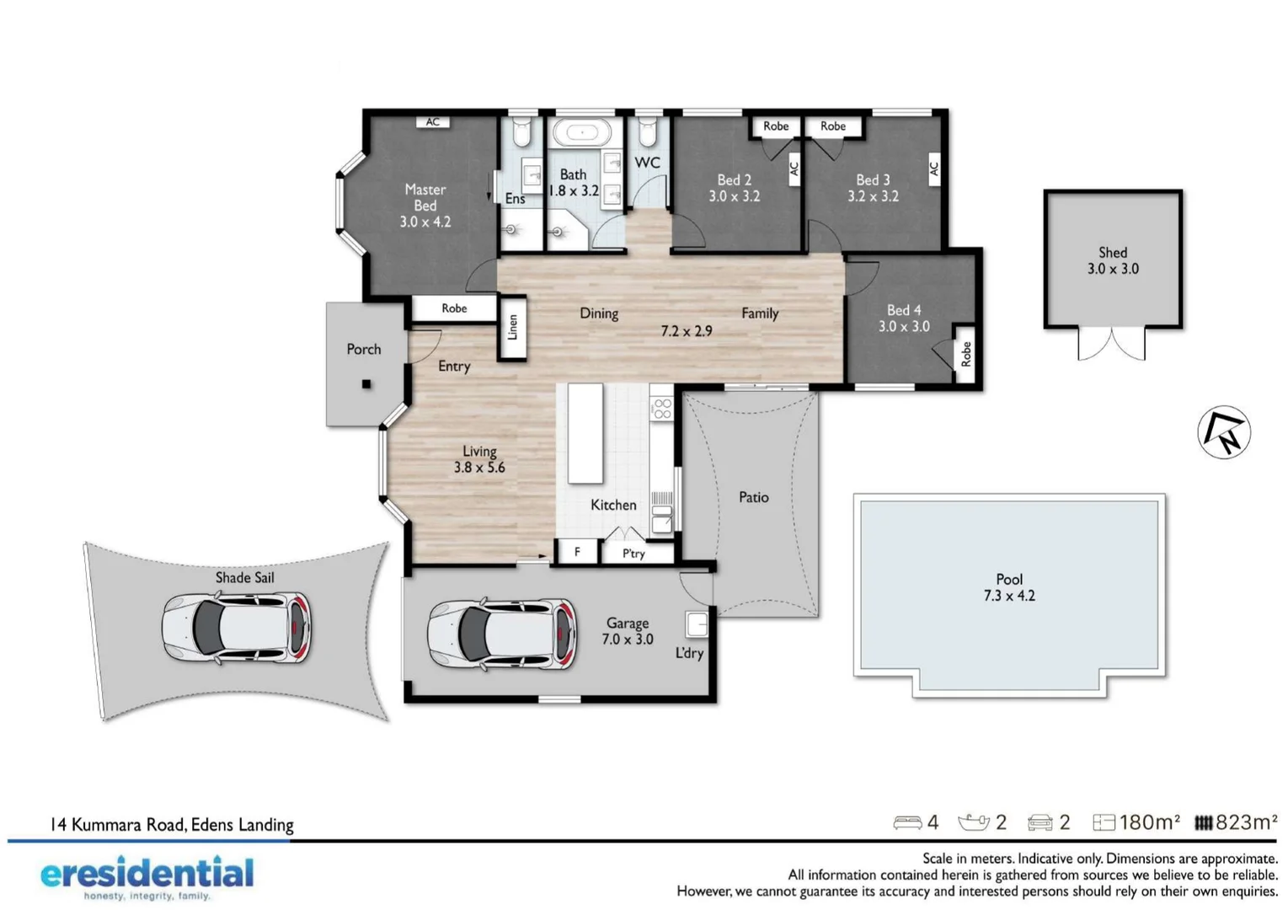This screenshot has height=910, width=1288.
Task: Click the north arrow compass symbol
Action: click(x=1224, y=432)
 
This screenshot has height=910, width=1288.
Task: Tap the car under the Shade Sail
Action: click(x=236, y=629)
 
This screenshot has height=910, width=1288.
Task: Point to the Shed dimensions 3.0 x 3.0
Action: click(x=1112, y=269)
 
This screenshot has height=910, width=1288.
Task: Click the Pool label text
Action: click(x=1008, y=579)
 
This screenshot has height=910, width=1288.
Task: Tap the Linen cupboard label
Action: click(x=512, y=327)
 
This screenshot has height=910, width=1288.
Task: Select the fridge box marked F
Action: click(x=577, y=552)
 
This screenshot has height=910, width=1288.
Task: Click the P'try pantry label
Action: click(x=633, y=554)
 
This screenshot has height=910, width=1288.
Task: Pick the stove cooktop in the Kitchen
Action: click(x=662, y=409)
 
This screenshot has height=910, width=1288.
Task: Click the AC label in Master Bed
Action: click(x=432, y=122)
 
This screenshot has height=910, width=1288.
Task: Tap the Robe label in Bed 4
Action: click(x=966, y=354)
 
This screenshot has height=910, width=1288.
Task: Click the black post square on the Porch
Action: click(x=366, y=384)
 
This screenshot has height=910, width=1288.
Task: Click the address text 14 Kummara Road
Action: click(x=172, y=825)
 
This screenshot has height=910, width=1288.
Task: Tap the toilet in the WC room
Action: click(x=646, y=131)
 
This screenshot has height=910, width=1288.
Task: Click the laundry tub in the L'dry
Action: click(x=697, y=624)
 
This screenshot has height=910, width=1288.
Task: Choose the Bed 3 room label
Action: click(x=873, y=179)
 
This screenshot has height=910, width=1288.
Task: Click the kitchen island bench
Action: click(x=585, y=433)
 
